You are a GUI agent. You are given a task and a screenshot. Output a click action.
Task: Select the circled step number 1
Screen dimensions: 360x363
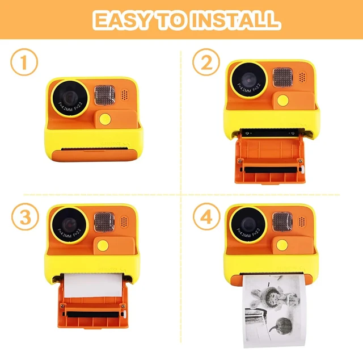pos(24,63)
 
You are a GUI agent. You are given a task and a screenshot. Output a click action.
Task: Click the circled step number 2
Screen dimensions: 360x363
pos(206,63)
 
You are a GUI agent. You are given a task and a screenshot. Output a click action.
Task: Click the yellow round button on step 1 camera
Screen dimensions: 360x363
pos(105,119)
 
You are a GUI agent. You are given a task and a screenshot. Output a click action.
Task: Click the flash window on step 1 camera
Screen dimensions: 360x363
pos(104,95)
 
